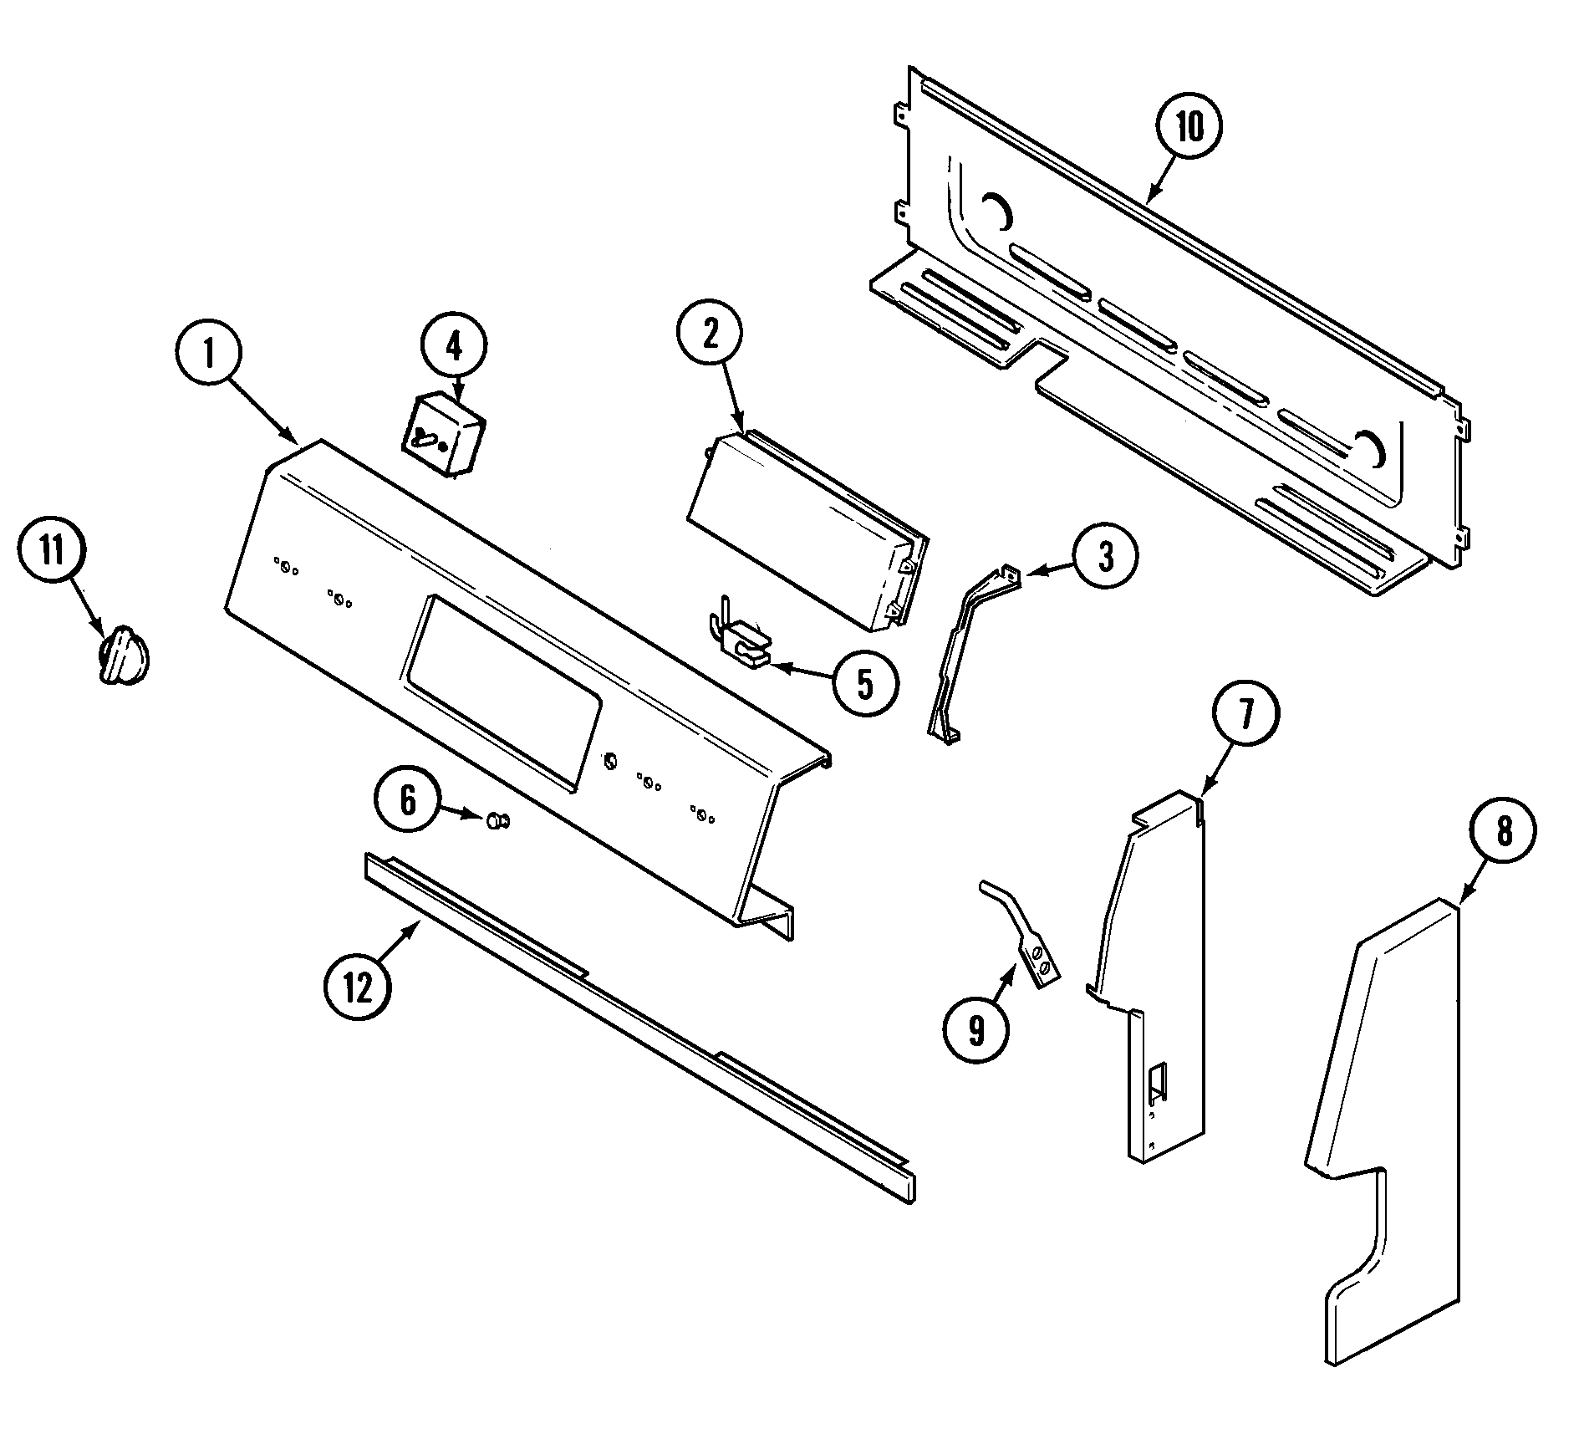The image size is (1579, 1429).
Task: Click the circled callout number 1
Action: coord(209,355)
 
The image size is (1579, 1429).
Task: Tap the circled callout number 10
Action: coord(1189,127)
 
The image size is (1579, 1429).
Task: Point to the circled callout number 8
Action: coord(1504,833)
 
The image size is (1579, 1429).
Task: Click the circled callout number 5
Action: coord(865,684)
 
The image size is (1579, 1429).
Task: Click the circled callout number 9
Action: coord(976,1031)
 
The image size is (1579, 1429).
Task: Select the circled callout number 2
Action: coord(710,334)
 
